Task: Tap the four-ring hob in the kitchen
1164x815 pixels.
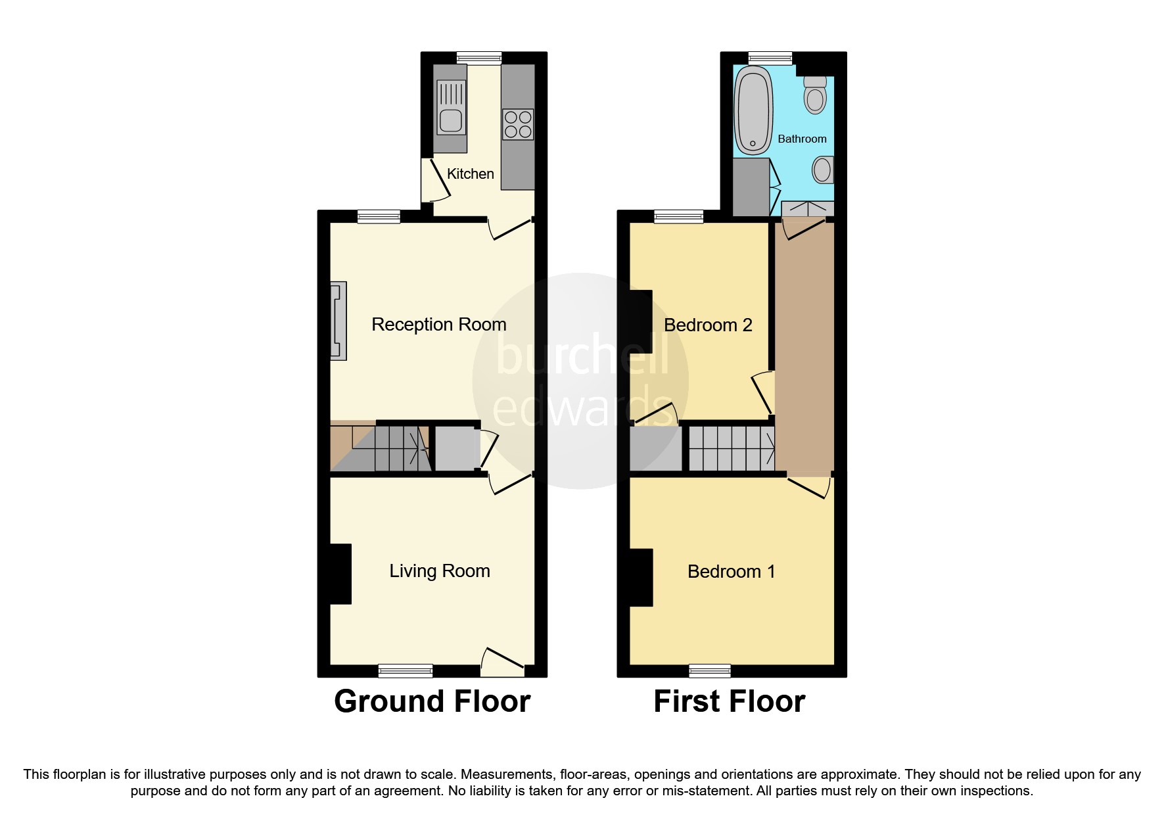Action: (518, 125)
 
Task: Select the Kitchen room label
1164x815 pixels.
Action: (470, 174)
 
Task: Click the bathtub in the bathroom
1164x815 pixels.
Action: (753, 110)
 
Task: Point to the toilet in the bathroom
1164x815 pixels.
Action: (815, 96)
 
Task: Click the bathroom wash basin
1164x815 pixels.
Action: (822, 170)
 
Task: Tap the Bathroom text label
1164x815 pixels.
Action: (802, 139)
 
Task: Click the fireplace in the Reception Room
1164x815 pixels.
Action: (338, 321)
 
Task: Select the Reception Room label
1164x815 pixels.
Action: (438, 325)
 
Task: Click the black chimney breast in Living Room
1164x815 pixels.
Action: (340, 574)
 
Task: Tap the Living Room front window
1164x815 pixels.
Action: (406, 670)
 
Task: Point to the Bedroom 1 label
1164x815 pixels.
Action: (731, 572)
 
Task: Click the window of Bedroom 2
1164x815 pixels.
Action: (678, 216)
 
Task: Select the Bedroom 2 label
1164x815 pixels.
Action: (707, 325)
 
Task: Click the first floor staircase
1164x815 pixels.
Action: (731, 449)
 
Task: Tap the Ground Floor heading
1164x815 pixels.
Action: (432, 702)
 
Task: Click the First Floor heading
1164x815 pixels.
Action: (729, 702)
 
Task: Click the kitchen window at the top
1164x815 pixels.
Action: (479, 58)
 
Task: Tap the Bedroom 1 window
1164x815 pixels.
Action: (709, 670)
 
